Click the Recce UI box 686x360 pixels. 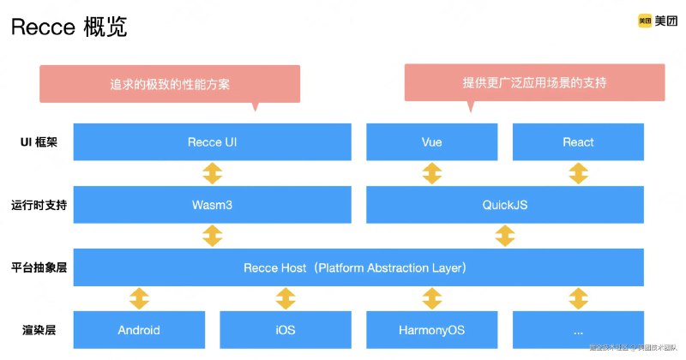(x=212, y=142)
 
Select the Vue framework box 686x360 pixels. (x=432, y=142)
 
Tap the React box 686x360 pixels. (x=578, y=142)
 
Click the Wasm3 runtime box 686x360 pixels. (x=212, y=206)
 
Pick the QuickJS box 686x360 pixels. (x=505, y=206)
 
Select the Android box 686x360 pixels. (x=138, y=330)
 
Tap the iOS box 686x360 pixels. (x=285, y=330)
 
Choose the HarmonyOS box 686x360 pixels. (x=432, y=330)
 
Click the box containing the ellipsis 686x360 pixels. (x=578, y=330)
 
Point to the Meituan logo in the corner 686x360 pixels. (x=656, y=21)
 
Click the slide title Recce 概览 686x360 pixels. (x=69, y=27)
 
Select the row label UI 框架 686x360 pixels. (x=38, y=142)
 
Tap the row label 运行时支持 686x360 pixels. (x=39, y=206)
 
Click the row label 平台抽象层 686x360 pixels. (x=39, y=268)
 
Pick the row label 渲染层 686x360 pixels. (x=39, y=330)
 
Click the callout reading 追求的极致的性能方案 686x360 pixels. (x=170, y=84)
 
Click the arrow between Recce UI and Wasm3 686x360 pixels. (x=212, y=174)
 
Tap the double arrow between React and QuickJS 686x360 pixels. (x=578, y=174)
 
